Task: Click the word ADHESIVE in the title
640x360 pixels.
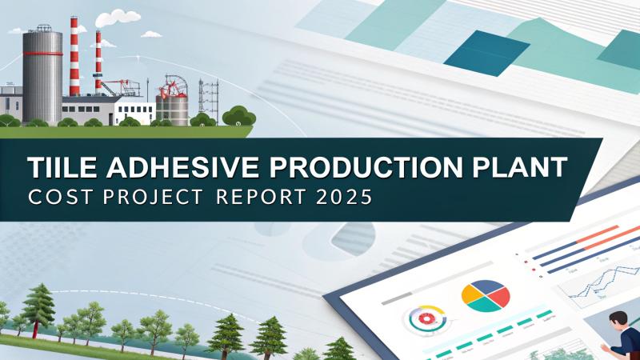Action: click(x=165, y=169)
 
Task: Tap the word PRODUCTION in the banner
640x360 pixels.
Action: click(x=347, y=169)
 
